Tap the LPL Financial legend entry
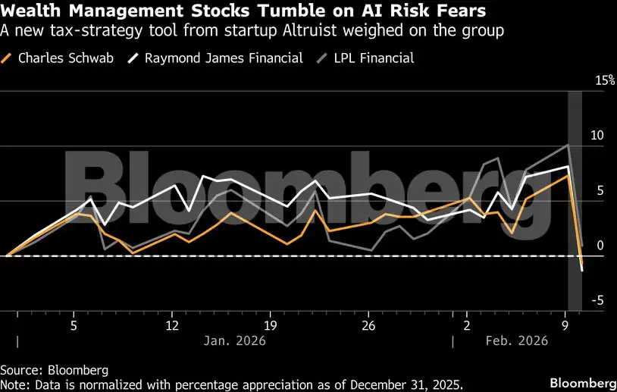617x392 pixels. click(371, 58)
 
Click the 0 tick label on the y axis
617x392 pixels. click(600, 246)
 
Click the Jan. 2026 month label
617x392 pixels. click(234, 341)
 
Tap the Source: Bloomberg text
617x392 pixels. click(54, 370)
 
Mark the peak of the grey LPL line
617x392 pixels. click(568, 145)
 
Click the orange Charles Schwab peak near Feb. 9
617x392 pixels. click(568, 175)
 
